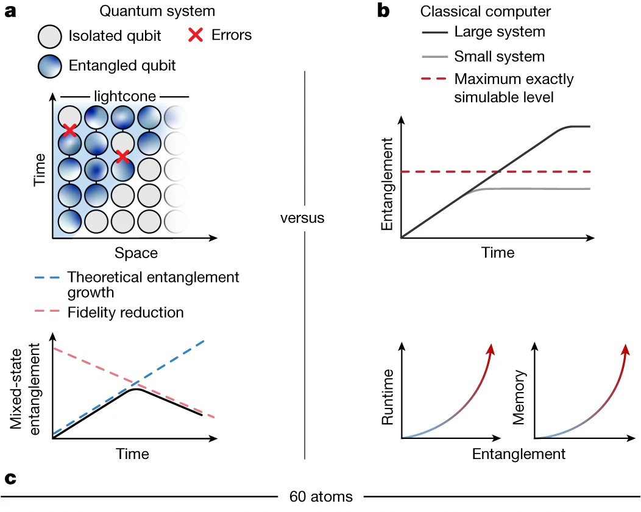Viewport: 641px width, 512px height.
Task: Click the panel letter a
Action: click(x=10, y=12)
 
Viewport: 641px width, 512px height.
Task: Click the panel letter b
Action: click(x=384, y=12)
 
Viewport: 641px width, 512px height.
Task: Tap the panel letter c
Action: click(x=10, y=479)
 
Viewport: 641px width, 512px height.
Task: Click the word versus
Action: click(x=302, y=218)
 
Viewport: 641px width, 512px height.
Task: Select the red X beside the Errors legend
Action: click(x=196, y=35)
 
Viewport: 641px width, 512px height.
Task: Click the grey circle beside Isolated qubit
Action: click(x=49, y=36)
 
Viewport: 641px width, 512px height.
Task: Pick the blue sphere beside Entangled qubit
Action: click(x=49, y=65)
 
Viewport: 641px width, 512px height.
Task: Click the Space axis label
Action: click(x=136, y=252)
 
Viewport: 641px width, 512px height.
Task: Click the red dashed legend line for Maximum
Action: click(x=433, y=79)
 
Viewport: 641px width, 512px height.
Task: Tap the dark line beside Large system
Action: click(x=433, y=32)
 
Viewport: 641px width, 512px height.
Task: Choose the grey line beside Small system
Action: click(x=433, y=57)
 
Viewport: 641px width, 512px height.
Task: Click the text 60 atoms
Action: click(x=320, y=496)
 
